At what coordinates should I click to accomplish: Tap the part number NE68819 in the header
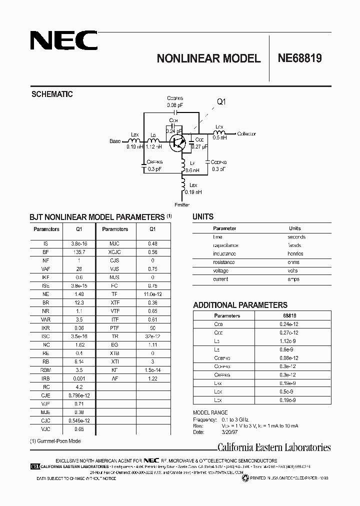299,58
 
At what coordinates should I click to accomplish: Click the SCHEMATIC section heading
52,94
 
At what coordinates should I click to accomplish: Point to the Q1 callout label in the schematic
221,102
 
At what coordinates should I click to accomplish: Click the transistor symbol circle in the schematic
176,142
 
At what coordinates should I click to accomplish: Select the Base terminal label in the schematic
115,141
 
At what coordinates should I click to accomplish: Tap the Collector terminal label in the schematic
246,134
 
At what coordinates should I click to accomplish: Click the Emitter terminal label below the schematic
182,205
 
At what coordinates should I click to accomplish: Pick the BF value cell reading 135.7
79,252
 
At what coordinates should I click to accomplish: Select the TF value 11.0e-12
152,294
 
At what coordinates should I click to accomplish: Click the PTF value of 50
152,328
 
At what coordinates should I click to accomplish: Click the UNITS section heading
203,217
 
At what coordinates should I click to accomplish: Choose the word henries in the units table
295,253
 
